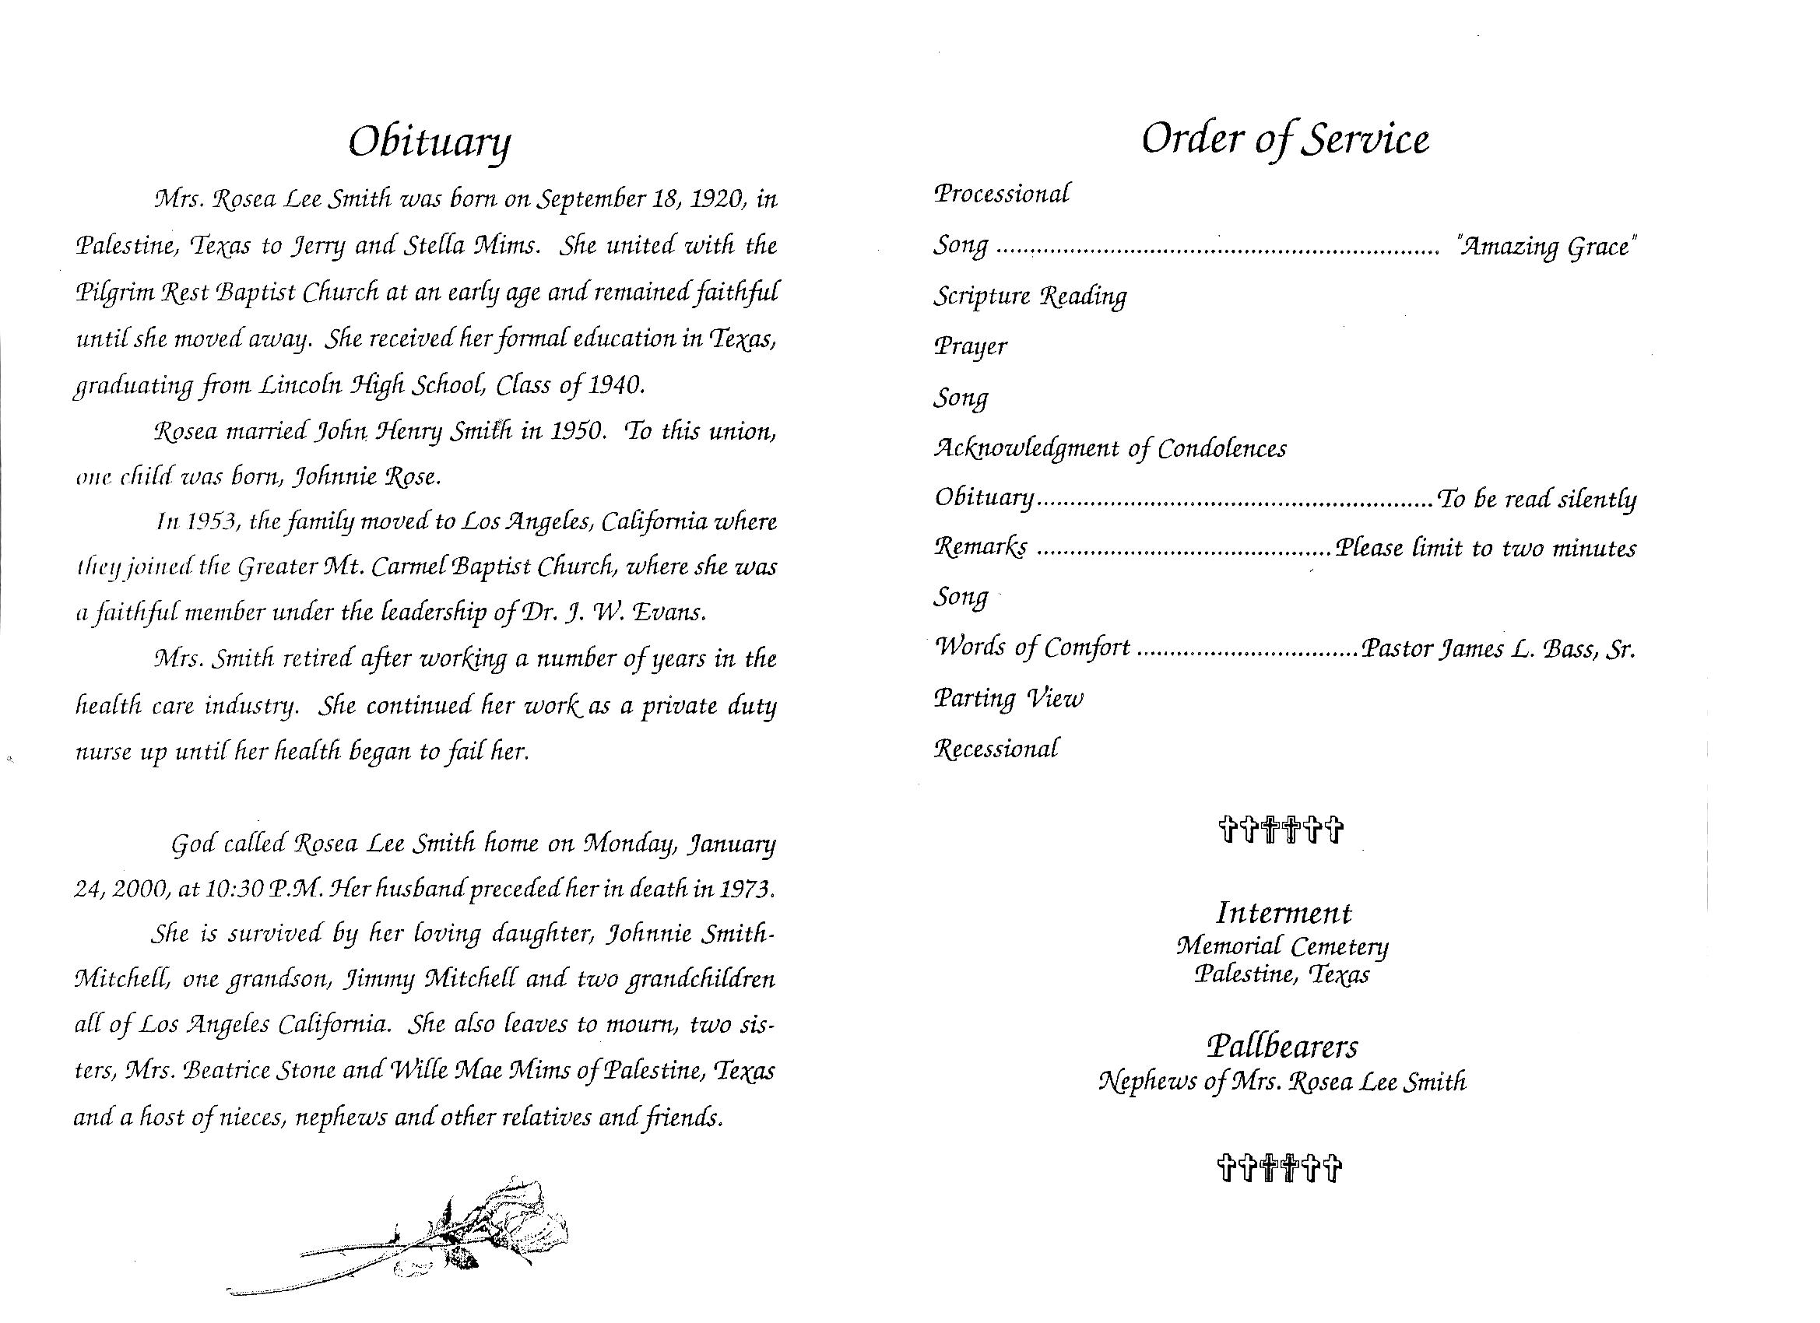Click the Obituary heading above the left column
(x=430, y=144)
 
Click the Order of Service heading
(x=1284, y=139)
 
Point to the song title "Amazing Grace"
(x=1545, y=245)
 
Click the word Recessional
(x=996, y=749)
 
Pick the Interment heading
(x=1283, y=913)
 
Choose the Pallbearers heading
(x=1282, y=1046)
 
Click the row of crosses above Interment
(x=1280, y=829)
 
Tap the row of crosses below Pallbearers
(x=1280, y=1168)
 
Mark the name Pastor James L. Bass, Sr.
(x=1498, y=648)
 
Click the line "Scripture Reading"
(x=1030, y=297)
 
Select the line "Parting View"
(x=1008, y=698)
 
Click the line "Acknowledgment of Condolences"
(x=1110, y=448)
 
